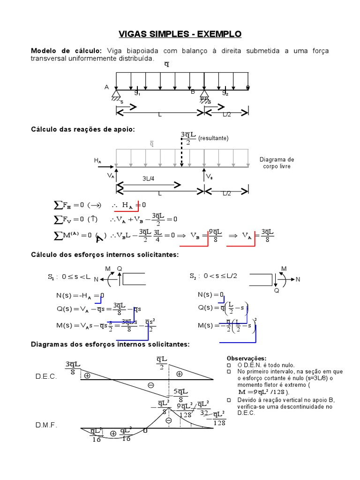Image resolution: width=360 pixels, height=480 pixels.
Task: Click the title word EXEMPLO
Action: [219, 34]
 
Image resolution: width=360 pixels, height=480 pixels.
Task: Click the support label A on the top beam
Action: [107, 87]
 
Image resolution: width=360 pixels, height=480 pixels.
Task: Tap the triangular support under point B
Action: [204, 95]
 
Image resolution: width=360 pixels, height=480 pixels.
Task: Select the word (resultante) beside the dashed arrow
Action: [213, 138]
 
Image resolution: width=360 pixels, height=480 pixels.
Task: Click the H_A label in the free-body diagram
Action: [97, 161]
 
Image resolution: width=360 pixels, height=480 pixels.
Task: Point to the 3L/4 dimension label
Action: [148, 178]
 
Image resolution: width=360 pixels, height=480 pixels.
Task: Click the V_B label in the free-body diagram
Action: [210, 177]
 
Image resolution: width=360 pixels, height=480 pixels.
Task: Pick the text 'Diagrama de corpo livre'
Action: [277, 163]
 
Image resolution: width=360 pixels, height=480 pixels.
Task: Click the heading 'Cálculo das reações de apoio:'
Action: [82, 129]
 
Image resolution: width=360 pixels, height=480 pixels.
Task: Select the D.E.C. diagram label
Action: [46, 377]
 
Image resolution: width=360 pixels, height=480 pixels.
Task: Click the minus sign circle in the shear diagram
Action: [151, 385]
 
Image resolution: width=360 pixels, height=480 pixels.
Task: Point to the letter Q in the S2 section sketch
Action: [277, 291]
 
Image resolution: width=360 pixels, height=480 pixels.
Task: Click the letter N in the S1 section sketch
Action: [96, 279]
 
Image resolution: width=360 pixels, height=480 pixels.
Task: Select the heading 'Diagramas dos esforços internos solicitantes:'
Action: [110, 344]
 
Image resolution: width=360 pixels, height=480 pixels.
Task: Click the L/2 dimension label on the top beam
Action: [227, 114]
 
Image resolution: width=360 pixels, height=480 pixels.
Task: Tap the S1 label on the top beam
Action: [137, 93]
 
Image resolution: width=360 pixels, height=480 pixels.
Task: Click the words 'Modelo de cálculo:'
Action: [66, 51]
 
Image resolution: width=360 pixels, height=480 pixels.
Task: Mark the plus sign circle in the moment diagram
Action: [113, 434]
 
